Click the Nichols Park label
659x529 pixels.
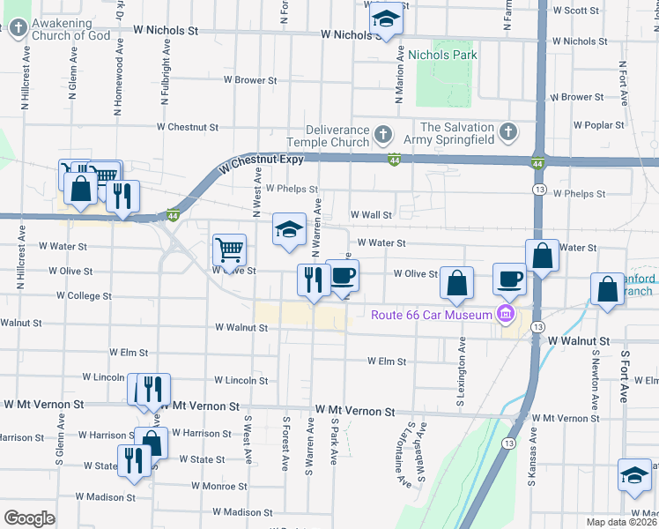(x=441, y=55)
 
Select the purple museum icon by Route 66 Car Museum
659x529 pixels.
(x=505, y=314)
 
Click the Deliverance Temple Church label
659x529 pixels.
(x=329, y=136)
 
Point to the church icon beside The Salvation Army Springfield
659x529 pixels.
(x=507, y=132)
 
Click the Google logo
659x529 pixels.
(x=29, y=518)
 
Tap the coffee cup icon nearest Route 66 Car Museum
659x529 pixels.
(x=508, y=279)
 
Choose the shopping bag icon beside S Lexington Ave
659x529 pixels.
(x=456, y=283)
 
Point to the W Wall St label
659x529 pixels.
(x=370, y=214)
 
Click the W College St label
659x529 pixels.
(x=84, y=295)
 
